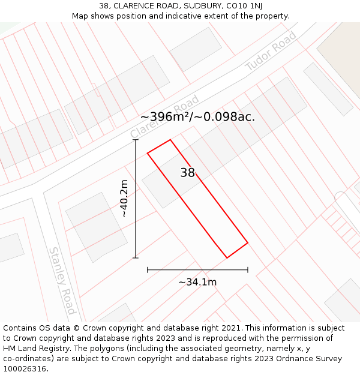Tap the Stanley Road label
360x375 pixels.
62,280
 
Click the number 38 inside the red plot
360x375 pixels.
188,173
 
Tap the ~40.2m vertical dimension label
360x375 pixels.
124,199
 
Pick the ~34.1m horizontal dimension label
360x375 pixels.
197,282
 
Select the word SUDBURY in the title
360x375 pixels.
200,6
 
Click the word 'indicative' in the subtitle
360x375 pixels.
180,16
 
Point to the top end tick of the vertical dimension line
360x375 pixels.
136,140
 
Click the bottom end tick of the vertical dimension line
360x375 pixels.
136,258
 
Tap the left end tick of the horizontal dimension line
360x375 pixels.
148,270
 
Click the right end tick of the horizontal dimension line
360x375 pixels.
248,270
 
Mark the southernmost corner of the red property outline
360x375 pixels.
227,258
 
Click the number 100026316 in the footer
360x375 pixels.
24,369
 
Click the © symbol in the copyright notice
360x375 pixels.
76,328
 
